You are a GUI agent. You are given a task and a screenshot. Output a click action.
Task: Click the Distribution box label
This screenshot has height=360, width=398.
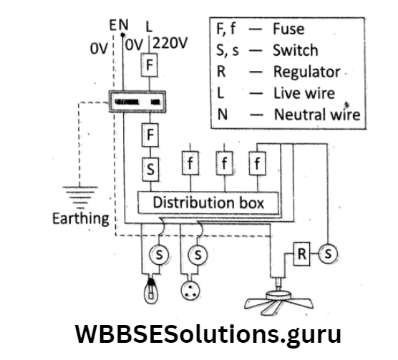tap(208, 203)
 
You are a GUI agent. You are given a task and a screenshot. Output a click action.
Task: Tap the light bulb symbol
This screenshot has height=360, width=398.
tap(151, 291)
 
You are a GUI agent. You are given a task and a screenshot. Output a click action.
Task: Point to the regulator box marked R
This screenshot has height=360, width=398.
tap(302, 254)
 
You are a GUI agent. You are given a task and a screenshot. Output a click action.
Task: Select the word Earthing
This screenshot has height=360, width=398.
tap(81, 217)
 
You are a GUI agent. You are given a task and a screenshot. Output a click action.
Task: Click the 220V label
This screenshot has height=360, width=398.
tap(170, 43)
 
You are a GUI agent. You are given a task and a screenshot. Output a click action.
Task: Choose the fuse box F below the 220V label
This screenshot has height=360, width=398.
tap(150, 66)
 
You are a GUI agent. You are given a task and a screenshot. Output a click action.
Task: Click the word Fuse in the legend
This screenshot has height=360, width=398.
tap(288, 30)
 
